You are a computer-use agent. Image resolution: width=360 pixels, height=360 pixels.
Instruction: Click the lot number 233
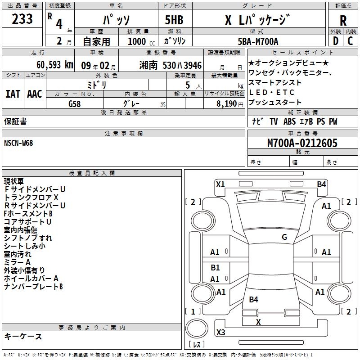coord(22,19)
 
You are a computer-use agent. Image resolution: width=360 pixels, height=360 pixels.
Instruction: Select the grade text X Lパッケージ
coord(257,20)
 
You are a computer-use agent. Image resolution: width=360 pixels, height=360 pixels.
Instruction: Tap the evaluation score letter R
coord(343,21)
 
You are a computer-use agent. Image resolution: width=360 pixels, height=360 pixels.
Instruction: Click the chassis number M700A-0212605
coord(302,143)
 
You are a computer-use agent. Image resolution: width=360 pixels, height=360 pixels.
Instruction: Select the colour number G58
coord(75,103)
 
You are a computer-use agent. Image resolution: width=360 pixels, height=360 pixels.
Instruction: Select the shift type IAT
coord(13,94)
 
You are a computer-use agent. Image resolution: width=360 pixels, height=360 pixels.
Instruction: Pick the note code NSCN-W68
coord(18,143)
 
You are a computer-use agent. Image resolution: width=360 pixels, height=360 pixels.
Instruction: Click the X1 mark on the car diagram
coord(220,184)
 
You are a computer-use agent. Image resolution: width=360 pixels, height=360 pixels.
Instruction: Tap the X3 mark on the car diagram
coord(220,332)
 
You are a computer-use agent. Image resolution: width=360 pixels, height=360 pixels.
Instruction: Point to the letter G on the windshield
coord(284,237)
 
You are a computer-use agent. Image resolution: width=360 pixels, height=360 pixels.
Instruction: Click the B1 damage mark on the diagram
coord(215,268)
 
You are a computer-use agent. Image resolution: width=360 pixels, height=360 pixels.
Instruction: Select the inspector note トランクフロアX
coord(31,197)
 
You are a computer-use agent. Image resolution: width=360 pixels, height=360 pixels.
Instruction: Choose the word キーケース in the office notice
coord(23,336)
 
